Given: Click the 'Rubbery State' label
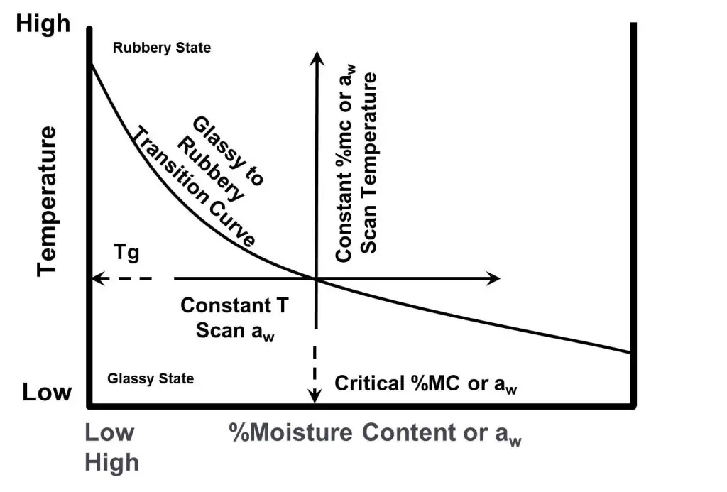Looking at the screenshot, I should pyautogui.click(x=162, y=48).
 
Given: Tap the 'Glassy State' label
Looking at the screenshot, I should pyautogui.click(x=150, y=378).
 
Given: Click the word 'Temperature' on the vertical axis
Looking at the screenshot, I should pyautogui.click(x=48, y=201).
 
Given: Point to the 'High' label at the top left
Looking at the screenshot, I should pyautogui.click(x=44, y=24).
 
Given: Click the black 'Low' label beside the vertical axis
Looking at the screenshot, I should pyautogui.click(x=47, y=392).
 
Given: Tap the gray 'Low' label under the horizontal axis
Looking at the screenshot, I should pyautogui.click(x=109, y=432).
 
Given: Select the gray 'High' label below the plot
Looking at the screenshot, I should pyautogui.click(x=111, y=463).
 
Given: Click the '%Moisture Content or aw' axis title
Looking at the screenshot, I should pyautogui.click(x=375, y=433).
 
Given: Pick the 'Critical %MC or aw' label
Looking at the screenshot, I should pyautogui.click(x=432, y=383).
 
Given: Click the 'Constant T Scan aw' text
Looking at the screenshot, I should pyautogui.click(x=235, y=317).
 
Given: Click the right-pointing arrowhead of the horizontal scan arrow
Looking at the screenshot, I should pyautogui.click(x=494, y=279).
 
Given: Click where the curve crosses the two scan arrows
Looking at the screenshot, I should pyautogui.click(x=315, y=279).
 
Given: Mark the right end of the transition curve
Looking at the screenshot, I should pyautogui.click(x=630, y=352).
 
